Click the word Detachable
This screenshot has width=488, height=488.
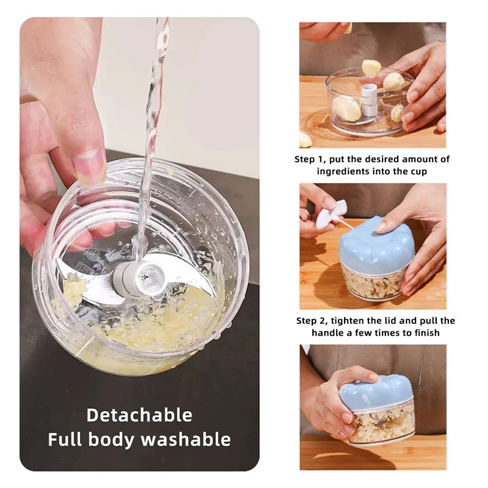[139, 415]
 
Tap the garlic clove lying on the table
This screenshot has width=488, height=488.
[304, 140]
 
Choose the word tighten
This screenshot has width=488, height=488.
[362, 321]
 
